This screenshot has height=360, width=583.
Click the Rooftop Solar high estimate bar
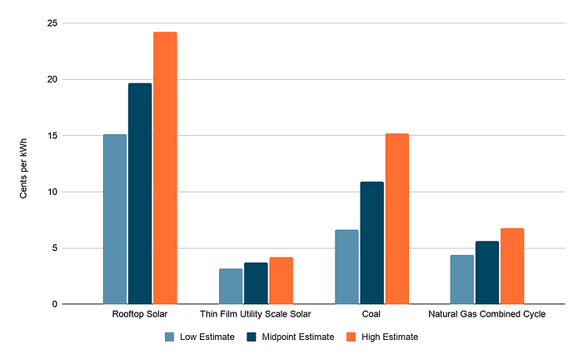[x=165, y=167]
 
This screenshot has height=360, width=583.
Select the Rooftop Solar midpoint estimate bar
[x=140, y=193]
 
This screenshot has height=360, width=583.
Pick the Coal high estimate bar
[x=396, y=218]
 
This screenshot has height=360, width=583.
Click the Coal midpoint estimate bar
[x=371, y=242]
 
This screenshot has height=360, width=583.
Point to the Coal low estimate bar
[x=346, y=267]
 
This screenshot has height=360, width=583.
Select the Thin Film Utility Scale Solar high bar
[x=281, y=281]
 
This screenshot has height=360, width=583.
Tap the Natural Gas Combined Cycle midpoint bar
[x=487, y=272]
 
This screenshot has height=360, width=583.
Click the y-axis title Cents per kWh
[x=24, y=163]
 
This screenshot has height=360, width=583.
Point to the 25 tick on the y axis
[x=52, y=23]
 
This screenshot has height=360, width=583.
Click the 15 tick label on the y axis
[x=52, y=136]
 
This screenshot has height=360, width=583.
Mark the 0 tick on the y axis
[x=54, y=304]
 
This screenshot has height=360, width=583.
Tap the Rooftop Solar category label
[x=140, y=315]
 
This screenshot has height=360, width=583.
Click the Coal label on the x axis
[x=371, y=315]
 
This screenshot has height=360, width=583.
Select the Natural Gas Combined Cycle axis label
[x=486, y=315]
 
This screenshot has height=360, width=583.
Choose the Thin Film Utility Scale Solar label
[x=256, y=315]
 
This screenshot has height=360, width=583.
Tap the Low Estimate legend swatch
[x=169, y=337]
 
